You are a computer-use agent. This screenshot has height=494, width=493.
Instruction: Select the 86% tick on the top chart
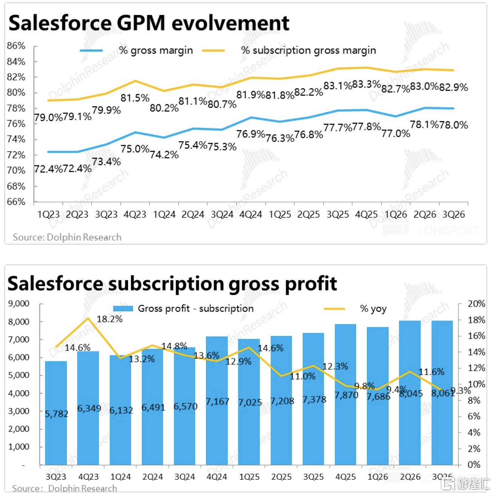[16, 46]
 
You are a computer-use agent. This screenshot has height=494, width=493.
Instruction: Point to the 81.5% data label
[135, 98]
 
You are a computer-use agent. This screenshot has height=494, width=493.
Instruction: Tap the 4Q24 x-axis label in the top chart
[251, 215]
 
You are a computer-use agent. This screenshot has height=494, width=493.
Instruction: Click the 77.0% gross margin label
[395, 133]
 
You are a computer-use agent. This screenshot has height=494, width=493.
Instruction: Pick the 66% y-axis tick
[16, 202]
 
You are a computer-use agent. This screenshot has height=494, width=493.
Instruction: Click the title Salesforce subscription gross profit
[172, 283]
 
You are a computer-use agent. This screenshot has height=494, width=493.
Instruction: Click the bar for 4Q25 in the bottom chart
[345, 394]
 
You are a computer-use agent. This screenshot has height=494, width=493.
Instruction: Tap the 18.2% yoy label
[109, 319]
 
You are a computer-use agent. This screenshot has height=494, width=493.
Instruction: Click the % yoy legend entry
[373, 309]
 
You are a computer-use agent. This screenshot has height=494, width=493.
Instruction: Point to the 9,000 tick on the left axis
[19, 304]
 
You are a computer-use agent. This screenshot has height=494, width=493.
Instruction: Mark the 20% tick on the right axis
[476, 304]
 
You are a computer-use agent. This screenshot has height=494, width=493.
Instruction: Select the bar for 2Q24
[153, 407]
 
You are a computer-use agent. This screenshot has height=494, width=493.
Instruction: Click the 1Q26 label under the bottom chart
[377, 477]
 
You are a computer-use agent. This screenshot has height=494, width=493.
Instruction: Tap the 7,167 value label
[217, 401]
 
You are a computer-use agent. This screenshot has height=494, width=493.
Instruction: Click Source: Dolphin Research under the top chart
[67, 237]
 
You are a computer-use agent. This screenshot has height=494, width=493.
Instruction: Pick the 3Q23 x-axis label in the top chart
[106, 215]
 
